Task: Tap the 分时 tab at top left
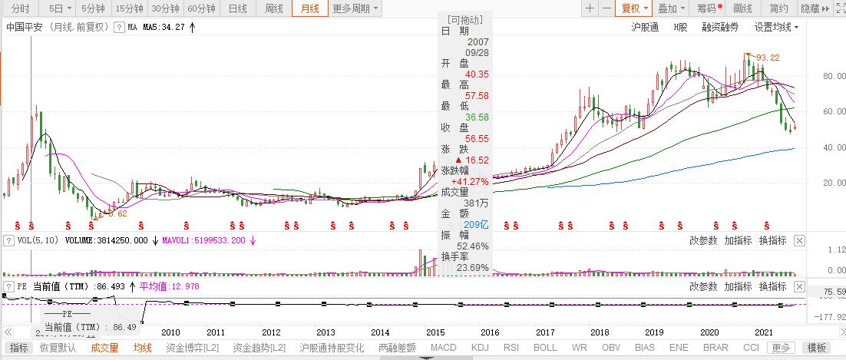tap(21, 9)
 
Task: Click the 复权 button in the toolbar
tap(634, 9)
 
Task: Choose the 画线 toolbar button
tap(743, 9)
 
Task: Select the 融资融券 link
tap(720, 27)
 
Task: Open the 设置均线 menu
tap(775, 27)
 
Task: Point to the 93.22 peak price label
tap(768, 58)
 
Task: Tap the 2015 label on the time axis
tap(436, 332)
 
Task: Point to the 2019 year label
tap(654, 332)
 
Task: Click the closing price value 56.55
tap(477, 139)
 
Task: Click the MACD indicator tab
tap(443, 348)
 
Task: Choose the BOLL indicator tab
tap(545, 348)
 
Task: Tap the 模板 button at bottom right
tap(820, 348)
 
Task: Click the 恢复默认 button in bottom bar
tap(58, 348)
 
